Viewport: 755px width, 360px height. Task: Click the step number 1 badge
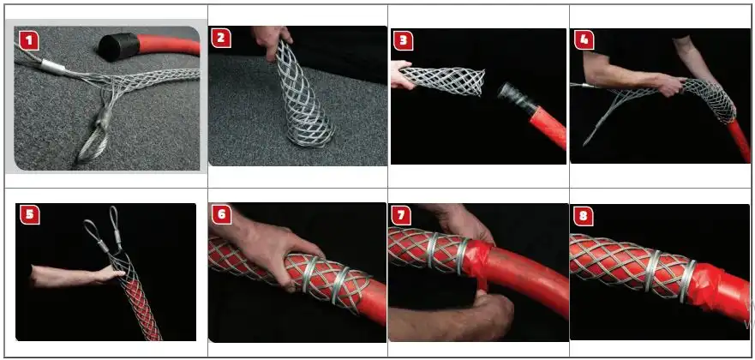(29, 40)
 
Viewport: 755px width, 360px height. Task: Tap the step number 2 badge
(220, 39)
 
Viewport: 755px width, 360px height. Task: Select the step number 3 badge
(403, 41)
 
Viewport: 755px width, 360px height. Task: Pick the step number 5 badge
(30, 214)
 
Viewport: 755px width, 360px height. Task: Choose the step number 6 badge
(221, 214)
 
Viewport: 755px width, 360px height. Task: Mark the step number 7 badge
(401, 215)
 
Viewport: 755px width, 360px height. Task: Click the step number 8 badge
(584, 216)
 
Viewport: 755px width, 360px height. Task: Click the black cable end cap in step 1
(118, 46)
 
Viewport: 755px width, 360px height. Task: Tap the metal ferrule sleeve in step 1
(53, 67)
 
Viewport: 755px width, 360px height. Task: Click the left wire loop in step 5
(96, 234)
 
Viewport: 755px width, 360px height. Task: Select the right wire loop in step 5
(116, 225)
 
